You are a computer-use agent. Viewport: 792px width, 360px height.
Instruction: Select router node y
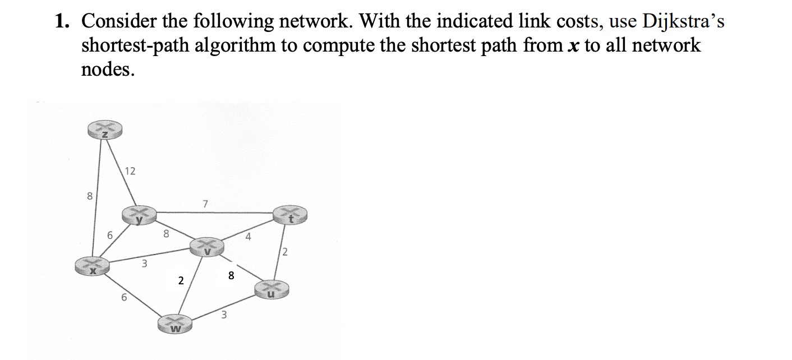coord(139,216)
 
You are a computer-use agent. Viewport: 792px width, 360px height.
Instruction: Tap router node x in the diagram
coord(93,266)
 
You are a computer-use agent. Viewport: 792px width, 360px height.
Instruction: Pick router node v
coord(206,247)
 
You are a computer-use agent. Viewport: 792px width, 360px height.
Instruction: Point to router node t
coord(290,215)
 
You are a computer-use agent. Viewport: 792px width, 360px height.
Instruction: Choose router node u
coord(271,289)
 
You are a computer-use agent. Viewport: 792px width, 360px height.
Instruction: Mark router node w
coord(175,324)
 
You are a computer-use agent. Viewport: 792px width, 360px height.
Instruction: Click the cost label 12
coord(130,172)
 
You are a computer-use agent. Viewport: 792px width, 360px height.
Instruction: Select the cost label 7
coord(205,205)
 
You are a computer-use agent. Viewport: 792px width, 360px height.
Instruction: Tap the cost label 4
coord(248,237)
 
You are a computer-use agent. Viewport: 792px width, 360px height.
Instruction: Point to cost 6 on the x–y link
coord(110,237)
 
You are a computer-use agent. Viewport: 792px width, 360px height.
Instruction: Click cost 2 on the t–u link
coord(285,252)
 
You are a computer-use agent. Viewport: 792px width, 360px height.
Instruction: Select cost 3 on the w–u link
coord(223,315)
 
